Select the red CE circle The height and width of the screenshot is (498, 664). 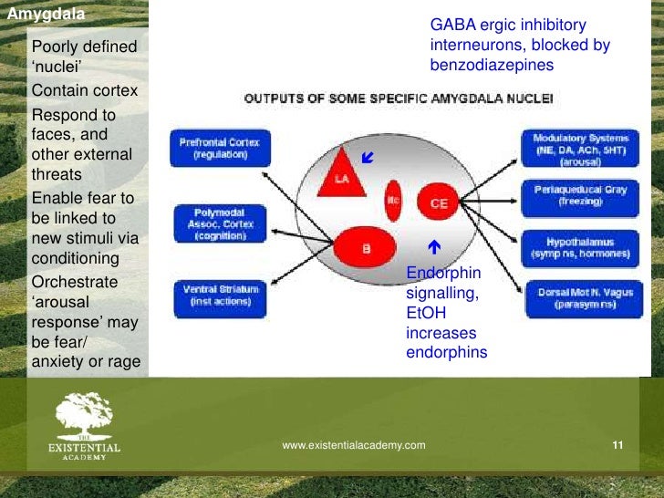pos(439,203)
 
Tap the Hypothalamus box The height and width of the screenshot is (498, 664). pos(586,247)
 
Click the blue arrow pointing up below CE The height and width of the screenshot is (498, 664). pos(434,247)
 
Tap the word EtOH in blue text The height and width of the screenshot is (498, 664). pos(423,313)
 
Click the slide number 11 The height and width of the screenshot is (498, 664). pos(617,445)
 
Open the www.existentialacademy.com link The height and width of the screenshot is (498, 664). pos(354,445)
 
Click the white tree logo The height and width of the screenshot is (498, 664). pos(84,416)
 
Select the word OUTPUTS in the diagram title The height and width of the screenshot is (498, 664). pos(273,97)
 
